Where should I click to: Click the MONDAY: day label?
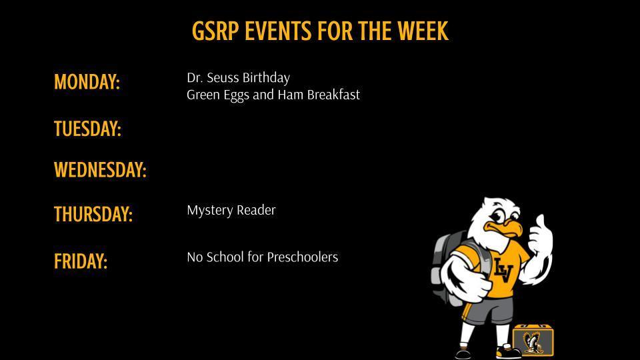(87, 83)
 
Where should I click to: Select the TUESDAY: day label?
(87, 129)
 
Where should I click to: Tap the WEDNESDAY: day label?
(100, 171)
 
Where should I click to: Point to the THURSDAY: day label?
(93, 215)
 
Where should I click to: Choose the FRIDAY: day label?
(81, 261)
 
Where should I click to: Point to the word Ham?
(291, 95)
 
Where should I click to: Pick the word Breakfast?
(333, 95)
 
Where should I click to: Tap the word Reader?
(256, 211)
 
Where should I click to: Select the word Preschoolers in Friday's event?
(303, 257)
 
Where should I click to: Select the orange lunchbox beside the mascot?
(533, 340)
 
